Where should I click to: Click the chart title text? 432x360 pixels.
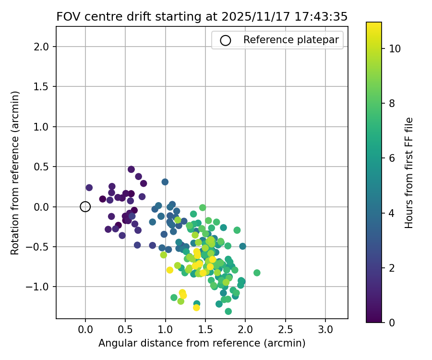point(202,16)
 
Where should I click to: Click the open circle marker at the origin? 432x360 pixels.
point(85,207)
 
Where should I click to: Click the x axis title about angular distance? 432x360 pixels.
point(202,343)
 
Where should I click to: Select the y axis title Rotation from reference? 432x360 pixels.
point(15,173)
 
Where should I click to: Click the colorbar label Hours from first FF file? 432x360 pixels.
point(409,173)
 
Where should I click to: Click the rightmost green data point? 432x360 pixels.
point(257,273)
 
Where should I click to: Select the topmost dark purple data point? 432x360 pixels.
point(131,169)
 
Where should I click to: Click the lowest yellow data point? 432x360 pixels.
point(196,308)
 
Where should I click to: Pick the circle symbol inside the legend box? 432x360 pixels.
point(226,40)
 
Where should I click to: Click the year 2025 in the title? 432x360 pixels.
point(237,16)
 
